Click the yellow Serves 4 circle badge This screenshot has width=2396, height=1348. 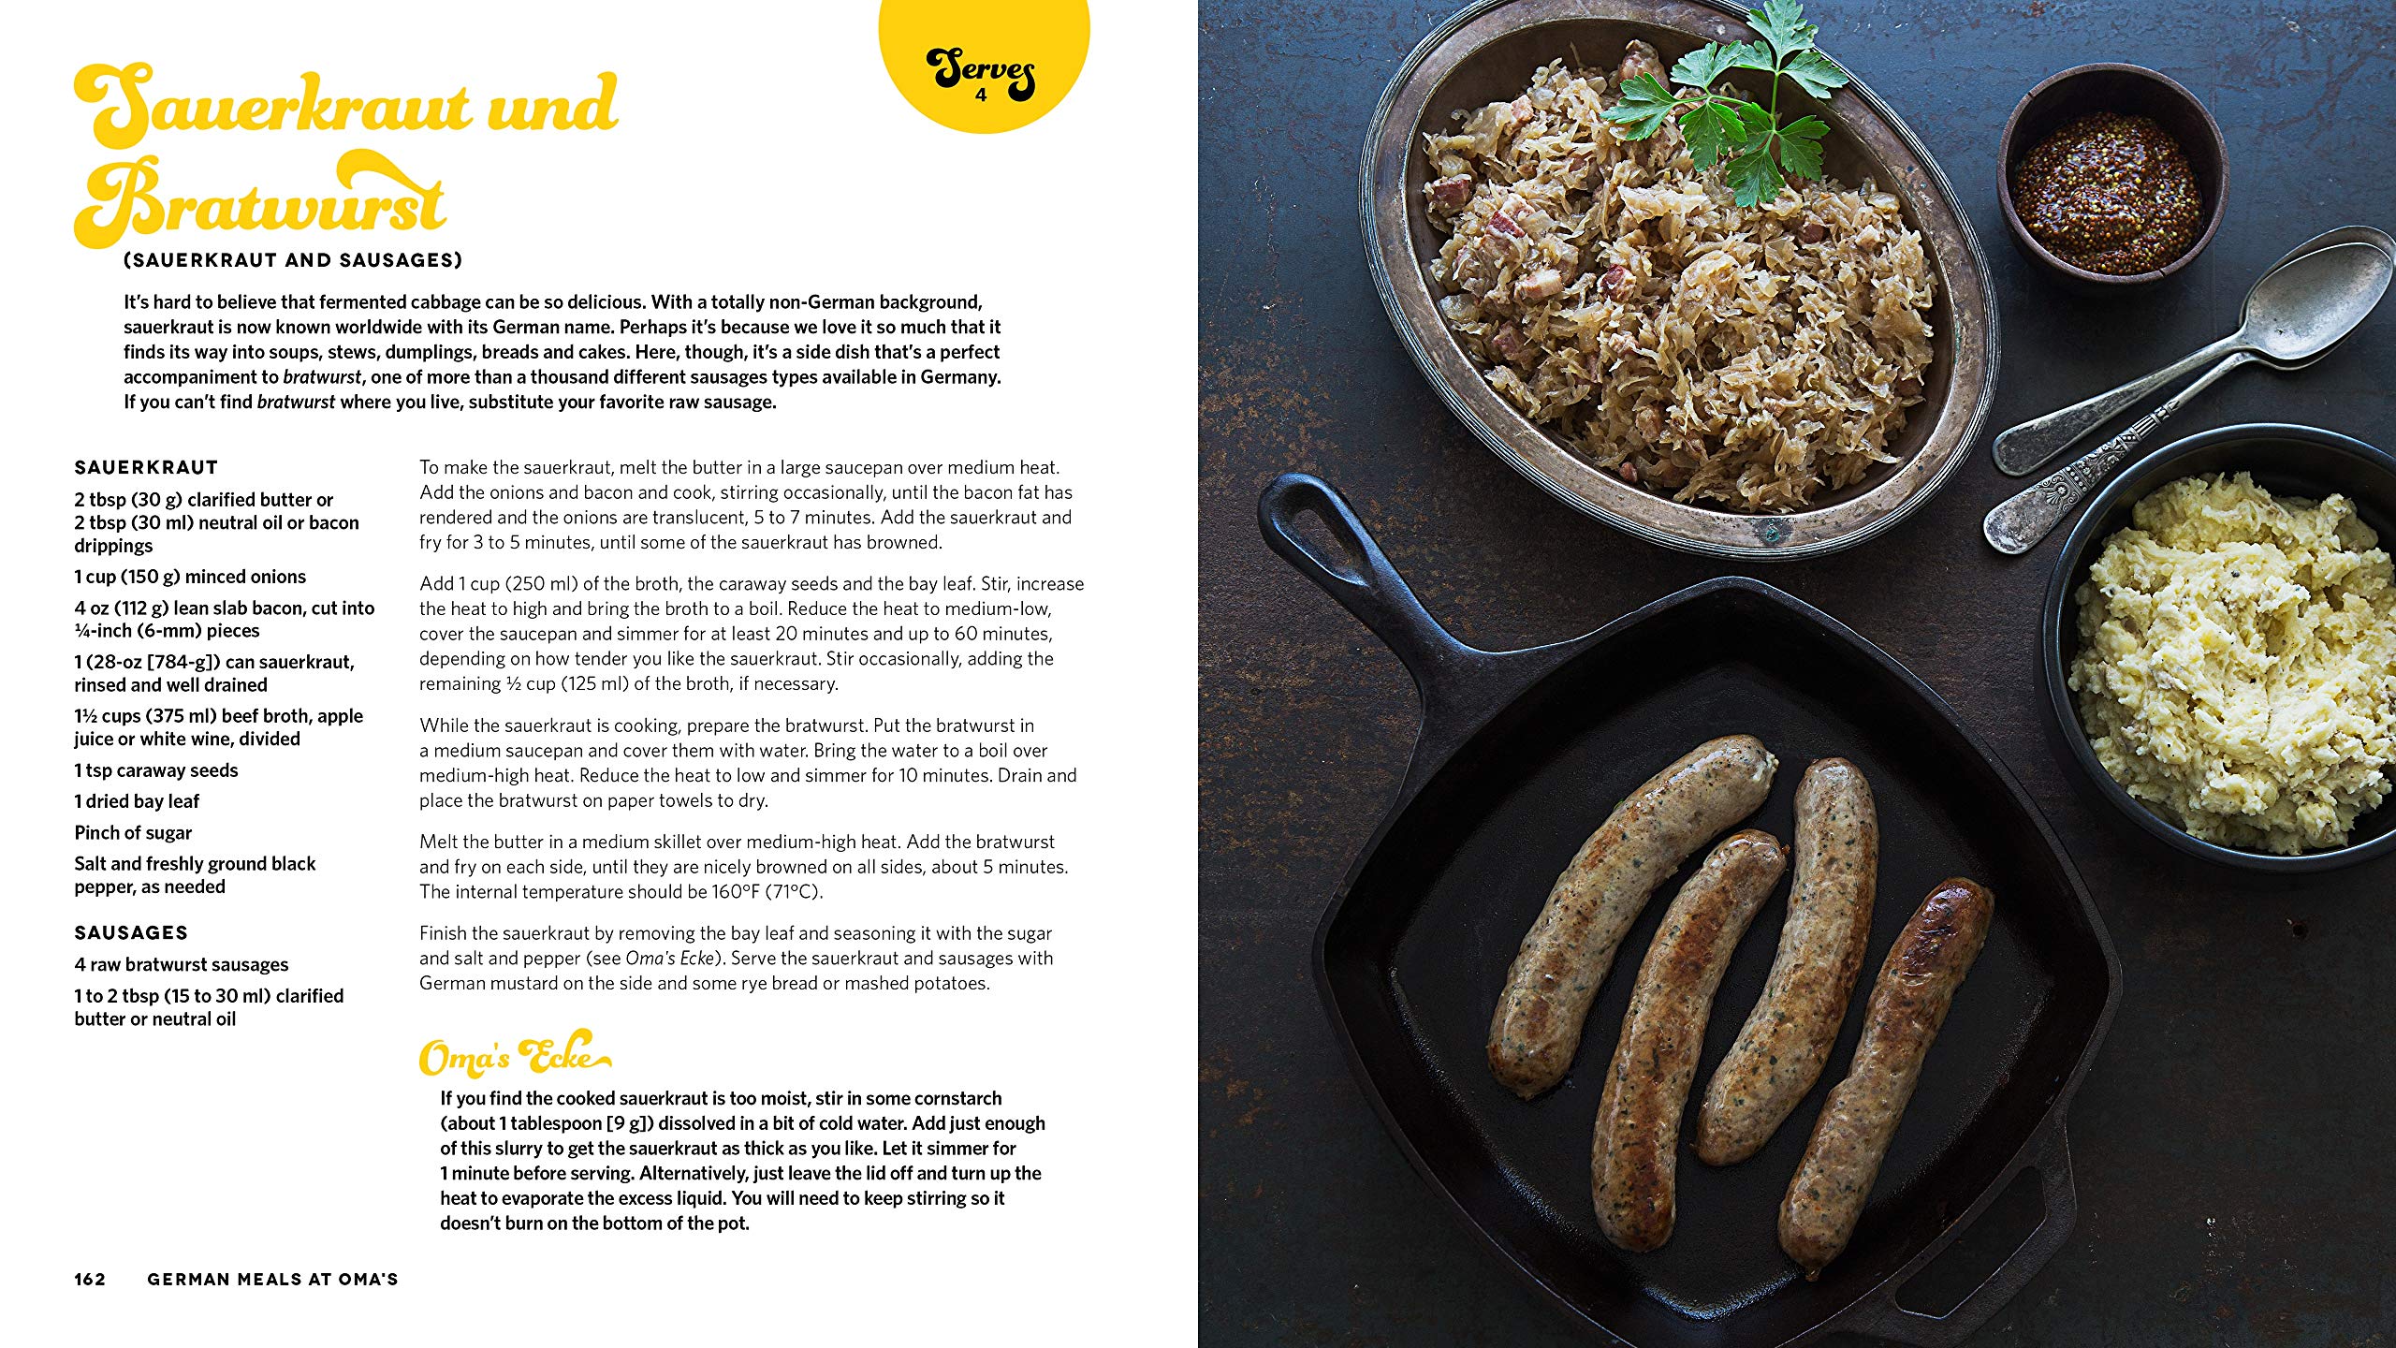coord(983,66)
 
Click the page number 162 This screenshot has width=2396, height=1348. coord(90,1279)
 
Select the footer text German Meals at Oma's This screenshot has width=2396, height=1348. coord(272,1279)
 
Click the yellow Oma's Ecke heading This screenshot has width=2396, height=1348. coord(513,1055)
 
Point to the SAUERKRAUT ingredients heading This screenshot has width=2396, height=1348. coord(146,467)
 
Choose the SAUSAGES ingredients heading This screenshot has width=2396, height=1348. coord(131,932)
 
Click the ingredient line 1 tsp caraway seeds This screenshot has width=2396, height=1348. coord(156,770)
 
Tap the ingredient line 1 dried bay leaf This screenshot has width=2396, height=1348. coord(137,801)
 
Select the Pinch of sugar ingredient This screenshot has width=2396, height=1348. coord(133,833)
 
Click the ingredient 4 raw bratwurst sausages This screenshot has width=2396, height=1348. coord(182,964)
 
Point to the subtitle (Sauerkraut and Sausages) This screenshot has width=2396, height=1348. coord(293,260)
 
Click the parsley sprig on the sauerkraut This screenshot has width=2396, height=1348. coord(1731,103)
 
